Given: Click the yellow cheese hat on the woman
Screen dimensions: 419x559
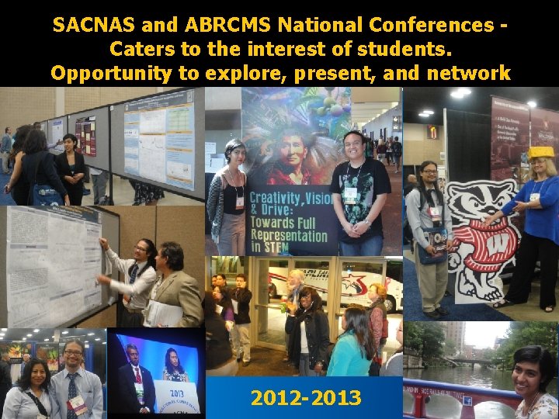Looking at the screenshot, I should (542, 153).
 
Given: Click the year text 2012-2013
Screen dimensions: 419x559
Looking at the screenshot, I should (306, 398).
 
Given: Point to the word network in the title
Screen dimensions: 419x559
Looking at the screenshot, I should (473, 74).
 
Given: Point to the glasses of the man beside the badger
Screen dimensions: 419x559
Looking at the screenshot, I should (429, 172).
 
